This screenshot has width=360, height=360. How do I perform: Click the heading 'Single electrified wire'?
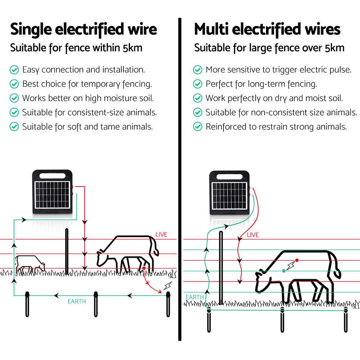84,30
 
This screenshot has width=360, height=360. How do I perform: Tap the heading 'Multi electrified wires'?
267,30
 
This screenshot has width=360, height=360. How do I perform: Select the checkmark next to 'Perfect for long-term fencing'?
198,84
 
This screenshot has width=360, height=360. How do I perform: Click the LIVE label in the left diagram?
161,235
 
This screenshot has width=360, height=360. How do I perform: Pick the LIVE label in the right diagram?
253,235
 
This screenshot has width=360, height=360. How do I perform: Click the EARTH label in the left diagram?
77,301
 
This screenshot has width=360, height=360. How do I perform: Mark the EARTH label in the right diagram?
195,297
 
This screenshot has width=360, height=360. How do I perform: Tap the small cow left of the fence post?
30,264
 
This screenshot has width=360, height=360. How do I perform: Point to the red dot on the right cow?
297,260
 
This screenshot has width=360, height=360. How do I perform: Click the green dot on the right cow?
284,271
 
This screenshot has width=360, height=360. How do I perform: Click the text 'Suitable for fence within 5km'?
76,48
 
